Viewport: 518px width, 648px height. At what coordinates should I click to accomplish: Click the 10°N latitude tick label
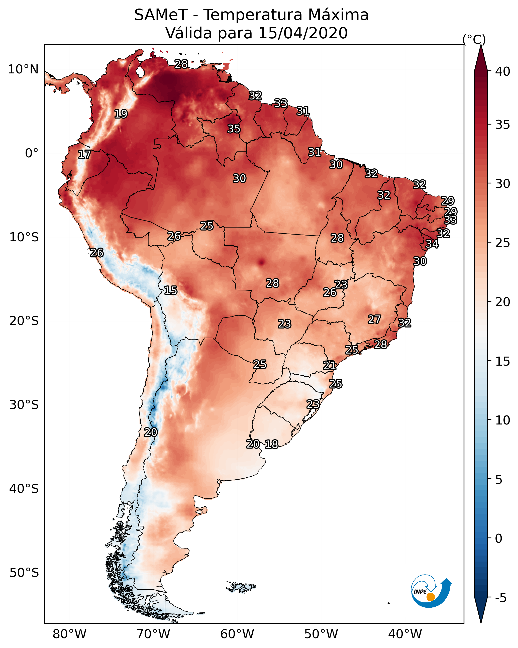[23, 69]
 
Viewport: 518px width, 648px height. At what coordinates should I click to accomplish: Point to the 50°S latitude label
[24, 573]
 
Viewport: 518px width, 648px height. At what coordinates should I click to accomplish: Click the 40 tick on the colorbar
[502, 71]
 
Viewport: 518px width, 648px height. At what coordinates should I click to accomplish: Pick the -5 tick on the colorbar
[500, 598]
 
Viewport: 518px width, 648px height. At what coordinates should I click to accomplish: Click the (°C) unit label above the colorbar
[474, 39]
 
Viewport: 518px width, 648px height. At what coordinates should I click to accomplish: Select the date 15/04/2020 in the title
[303, 33]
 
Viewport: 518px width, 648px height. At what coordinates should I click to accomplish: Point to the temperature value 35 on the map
[234, 129]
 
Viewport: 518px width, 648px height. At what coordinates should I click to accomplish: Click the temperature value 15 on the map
[170, 290]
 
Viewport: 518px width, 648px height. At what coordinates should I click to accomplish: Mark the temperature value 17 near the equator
[84, 155]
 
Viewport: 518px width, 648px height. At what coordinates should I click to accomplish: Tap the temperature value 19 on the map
[121, 114]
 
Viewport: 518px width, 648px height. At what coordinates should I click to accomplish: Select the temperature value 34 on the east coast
[432, 244]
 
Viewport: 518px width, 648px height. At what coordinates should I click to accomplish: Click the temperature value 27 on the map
[374, 319]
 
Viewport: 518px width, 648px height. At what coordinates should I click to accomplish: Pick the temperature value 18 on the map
[271, 444]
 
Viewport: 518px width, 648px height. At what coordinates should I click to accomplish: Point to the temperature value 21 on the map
[330, 366]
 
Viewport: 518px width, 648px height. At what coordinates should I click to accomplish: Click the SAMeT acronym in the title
[161, 15]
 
